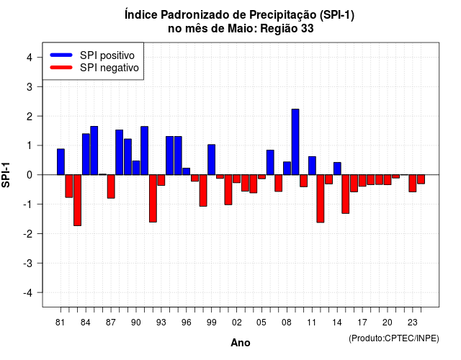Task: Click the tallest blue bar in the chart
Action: (295, 142)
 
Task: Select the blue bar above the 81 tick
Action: (61, 162)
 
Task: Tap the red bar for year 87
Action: (111, 186)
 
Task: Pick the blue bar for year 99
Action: (211, 160)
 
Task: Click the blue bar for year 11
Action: (312, 166)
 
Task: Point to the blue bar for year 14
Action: (337, 168)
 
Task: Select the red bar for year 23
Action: (413, 184)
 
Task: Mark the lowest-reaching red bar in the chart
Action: (77, 200)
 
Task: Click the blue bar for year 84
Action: (86, 154)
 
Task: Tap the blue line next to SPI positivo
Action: (61, 55)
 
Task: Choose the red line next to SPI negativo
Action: (61, 68)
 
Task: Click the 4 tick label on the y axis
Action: (30, 58)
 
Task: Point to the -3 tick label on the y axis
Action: (28, 263)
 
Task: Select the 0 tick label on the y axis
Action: (30, 175)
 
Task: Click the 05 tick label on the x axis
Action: (261, 323)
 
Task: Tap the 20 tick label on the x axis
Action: (388, 323)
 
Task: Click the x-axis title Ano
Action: (241, 343)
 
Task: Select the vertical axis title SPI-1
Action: (6, 175)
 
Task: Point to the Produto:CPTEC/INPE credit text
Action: (394, 338)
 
